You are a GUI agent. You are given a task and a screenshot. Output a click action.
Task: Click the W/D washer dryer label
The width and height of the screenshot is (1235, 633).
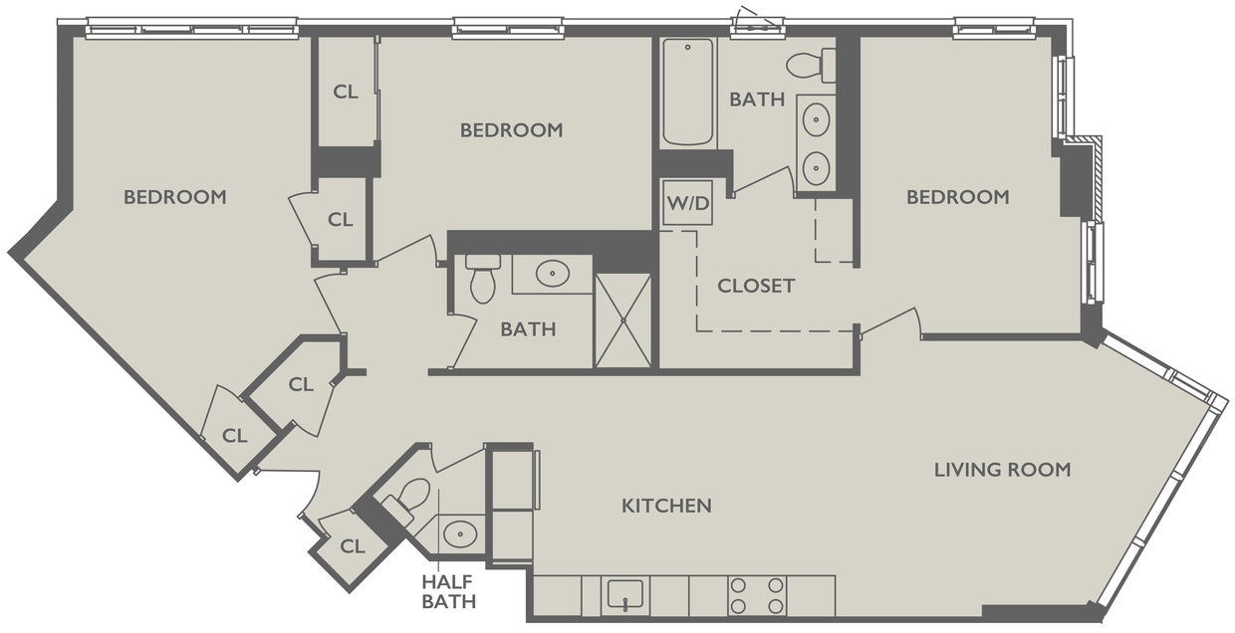687,204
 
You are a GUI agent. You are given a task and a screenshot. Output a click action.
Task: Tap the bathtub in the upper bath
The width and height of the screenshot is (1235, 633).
688,92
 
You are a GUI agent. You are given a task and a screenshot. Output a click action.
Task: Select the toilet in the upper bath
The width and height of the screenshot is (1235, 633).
810,66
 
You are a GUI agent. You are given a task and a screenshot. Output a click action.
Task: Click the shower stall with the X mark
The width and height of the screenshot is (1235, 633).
622,320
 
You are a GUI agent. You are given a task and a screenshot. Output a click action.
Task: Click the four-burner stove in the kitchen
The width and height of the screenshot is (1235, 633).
757,595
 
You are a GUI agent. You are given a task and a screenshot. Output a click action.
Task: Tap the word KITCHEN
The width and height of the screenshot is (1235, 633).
666,506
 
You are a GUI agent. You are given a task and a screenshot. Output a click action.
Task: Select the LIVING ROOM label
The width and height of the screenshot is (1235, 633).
1002,469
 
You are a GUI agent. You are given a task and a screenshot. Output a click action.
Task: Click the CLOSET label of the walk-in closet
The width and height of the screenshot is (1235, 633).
756,287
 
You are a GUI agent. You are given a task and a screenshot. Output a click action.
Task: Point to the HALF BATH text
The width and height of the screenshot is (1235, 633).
448,591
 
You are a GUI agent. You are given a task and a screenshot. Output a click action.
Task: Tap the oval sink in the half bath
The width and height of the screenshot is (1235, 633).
459,533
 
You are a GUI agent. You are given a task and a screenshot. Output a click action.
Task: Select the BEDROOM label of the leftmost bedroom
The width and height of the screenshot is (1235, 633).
175,197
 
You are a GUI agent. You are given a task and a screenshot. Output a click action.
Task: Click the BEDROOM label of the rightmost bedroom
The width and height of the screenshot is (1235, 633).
957,197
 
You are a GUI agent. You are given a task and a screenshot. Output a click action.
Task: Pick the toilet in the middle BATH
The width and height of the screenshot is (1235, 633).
483,279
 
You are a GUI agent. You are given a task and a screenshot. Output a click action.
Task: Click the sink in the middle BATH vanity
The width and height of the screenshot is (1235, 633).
552,274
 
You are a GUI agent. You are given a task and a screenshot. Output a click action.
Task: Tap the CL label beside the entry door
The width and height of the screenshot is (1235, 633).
353,546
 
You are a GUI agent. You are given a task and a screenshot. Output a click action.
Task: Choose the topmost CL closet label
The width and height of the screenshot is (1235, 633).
346,92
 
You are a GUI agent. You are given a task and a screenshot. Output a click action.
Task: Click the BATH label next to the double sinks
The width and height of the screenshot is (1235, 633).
757,100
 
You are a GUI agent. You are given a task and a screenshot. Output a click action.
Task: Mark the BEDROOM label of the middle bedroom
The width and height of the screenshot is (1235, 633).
511,130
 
